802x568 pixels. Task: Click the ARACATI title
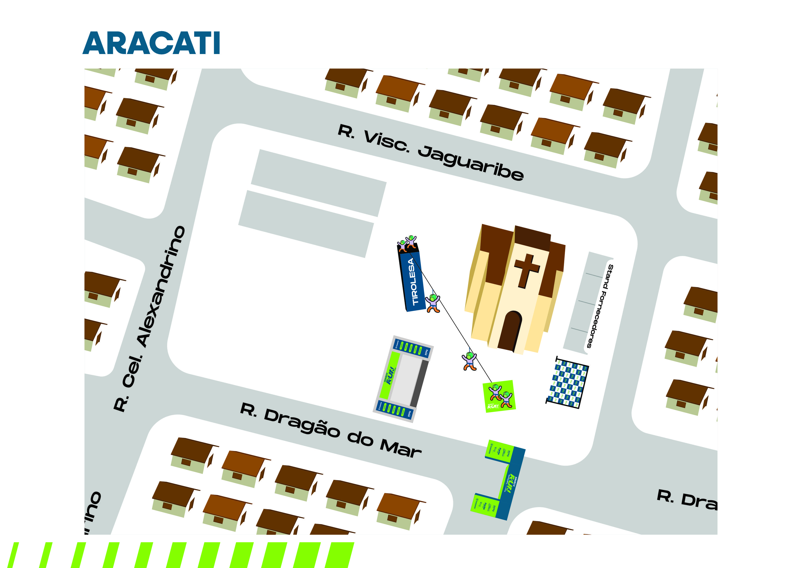[151, 43]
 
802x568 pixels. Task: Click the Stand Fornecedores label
[599, 306]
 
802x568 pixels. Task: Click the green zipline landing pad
[499, 396]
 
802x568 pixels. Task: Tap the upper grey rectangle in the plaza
[318, 183]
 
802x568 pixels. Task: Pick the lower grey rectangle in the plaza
[306, 224]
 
